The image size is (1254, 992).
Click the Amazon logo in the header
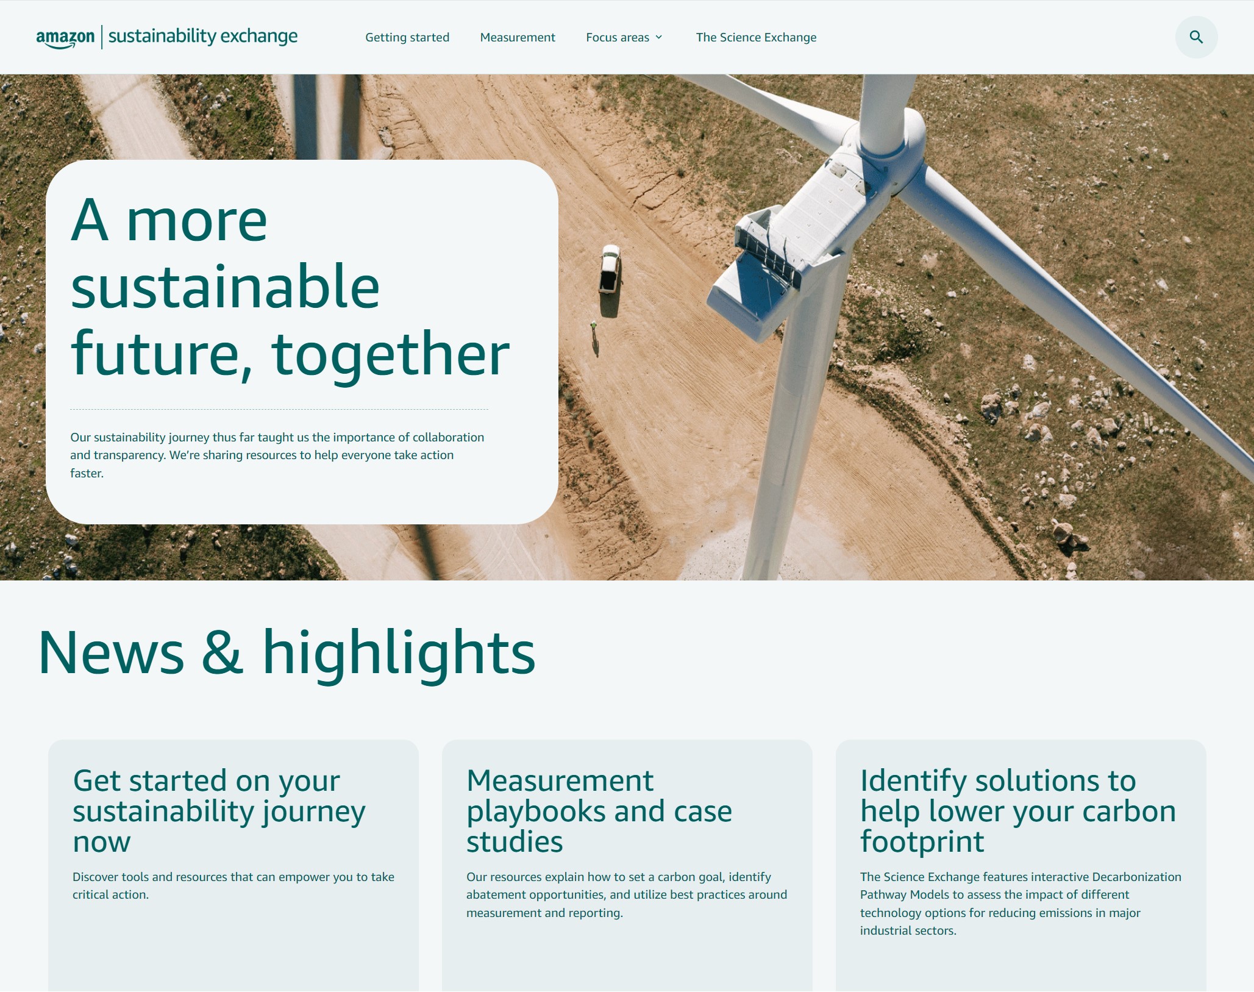click(65, 38)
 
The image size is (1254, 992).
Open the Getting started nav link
click(407, 37)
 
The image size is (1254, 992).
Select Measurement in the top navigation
click(518, 37)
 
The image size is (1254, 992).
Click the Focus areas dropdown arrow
click(659, 37)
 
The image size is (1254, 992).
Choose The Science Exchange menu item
click(756, 37)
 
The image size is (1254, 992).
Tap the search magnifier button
click(1196, 37)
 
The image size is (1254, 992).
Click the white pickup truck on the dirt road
click(610, 269)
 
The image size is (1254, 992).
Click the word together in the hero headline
click(391, 355)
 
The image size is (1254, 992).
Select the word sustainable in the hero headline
click(225, 287)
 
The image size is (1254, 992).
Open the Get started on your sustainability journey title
click(219, 811)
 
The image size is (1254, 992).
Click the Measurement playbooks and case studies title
click(599, 811)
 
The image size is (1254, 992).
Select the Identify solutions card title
click(1018, 811)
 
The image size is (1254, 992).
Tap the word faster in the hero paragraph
click(87, 473)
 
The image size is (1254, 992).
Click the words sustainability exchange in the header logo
click(203, 37)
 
